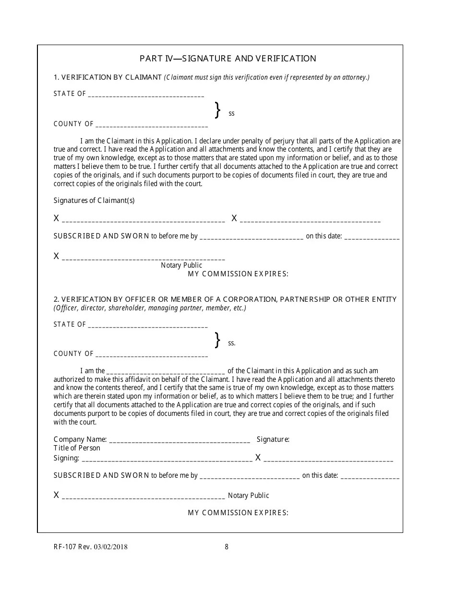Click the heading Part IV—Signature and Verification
(228, 59)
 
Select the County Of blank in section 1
(152, 125)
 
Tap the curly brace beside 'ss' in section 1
(217, 110)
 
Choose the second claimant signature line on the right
(310, 220)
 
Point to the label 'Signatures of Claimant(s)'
(94, 201)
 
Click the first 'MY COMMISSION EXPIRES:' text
(238, 274)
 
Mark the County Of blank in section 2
(152, 355)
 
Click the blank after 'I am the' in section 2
(165, 372)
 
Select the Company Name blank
(180, 440)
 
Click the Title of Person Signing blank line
(167, 459)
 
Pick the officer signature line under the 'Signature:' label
(328, 459)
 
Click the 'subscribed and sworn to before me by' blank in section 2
(249, 477)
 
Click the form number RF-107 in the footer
(64, 547)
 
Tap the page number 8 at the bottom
(227, 547)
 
